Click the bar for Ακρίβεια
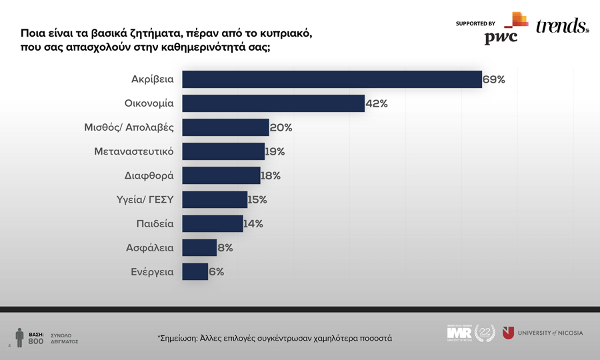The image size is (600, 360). coord(331,79)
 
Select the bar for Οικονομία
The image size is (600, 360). coord(273,103)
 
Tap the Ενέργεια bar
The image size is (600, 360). coord(195,271)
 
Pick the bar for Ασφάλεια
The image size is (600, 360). coord(199,247)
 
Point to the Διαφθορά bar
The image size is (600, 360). coord(221,175)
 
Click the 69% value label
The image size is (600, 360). coord(494,79)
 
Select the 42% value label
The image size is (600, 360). coord(377,103)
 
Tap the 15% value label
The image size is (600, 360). coord(257,199)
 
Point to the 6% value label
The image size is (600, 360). coord(216,271)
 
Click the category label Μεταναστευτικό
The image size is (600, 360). coord(134,151)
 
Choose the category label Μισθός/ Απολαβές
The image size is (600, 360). coord(129,127)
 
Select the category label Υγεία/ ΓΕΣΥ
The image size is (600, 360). coord(145,199)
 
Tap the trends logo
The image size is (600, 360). coord(562,26)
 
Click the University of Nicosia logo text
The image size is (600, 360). coord(550,333)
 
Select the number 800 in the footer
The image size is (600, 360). coord(36,341)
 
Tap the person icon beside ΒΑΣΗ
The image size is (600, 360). coord(20,337)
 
